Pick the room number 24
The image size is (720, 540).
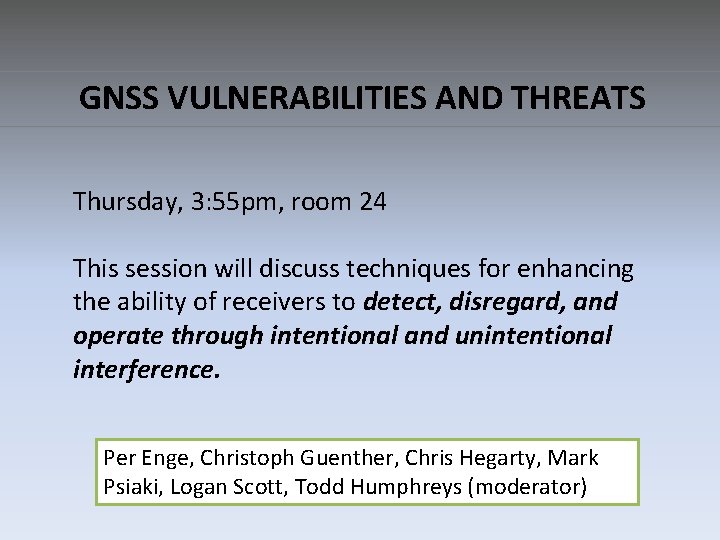372,203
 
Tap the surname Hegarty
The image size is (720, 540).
497,458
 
